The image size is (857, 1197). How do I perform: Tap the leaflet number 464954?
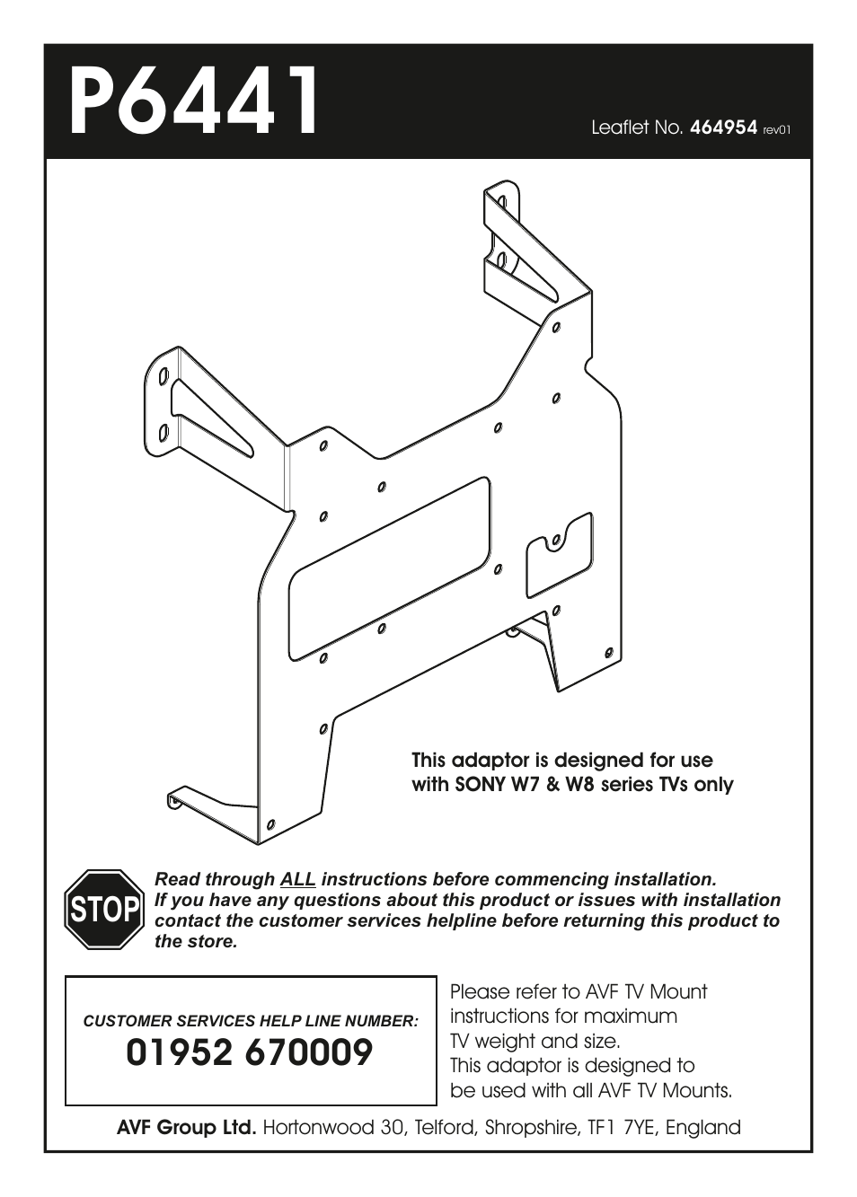[724, 128]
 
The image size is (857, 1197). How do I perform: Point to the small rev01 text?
[777, 130]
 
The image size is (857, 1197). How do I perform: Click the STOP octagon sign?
[103, 910]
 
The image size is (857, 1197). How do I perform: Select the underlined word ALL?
[297, 879]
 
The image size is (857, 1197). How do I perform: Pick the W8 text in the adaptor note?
[579, 785]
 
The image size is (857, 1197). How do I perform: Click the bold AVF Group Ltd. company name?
[187, 1128]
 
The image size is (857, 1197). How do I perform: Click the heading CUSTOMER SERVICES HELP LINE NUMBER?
[251, 1021]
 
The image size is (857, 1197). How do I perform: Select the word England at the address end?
[703, 1128]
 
